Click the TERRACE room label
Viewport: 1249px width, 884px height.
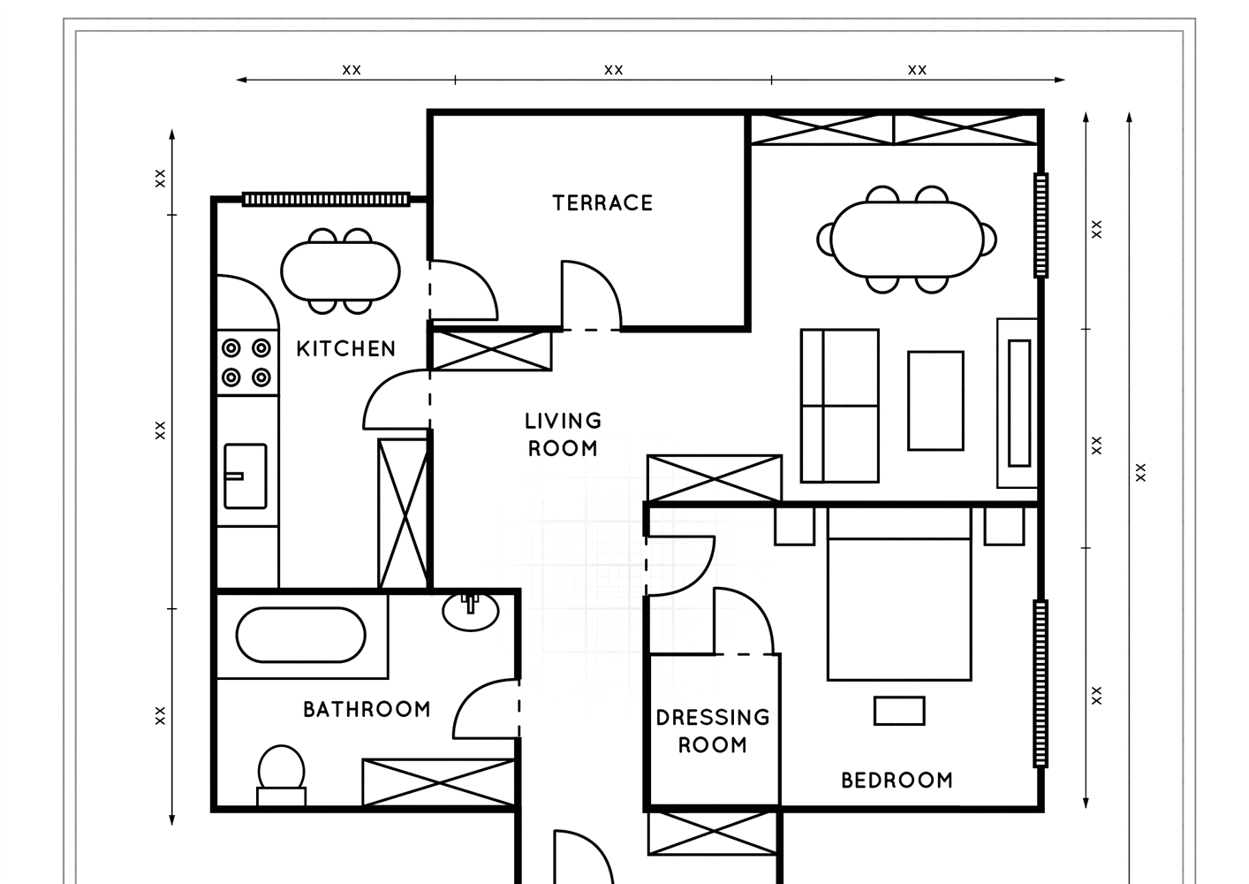point(602,203)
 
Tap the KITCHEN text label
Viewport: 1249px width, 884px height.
point(345,349)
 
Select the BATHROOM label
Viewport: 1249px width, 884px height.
point(367,709)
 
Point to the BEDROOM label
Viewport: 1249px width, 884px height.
point(897,781)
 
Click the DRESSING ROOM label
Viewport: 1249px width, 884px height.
point(713,731)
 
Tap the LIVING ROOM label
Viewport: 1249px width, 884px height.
point(564,434)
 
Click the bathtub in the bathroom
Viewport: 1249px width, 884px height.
point(301,635)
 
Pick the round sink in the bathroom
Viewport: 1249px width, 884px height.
point(471,612)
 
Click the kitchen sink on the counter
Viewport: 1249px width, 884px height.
point(246,476)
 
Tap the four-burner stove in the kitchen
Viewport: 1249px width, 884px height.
point(247,362)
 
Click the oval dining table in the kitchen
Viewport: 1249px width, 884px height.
point(340,271)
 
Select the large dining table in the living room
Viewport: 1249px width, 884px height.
point(906,240)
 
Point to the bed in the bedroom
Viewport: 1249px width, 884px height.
point(899,593)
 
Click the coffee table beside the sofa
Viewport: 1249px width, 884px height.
point(935,400)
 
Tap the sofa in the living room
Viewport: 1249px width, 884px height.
point(840,406)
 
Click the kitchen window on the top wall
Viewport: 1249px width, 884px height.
point(326,199)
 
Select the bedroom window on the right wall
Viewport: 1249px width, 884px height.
point(1041,683)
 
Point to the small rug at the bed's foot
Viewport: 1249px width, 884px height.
point(899,711)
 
